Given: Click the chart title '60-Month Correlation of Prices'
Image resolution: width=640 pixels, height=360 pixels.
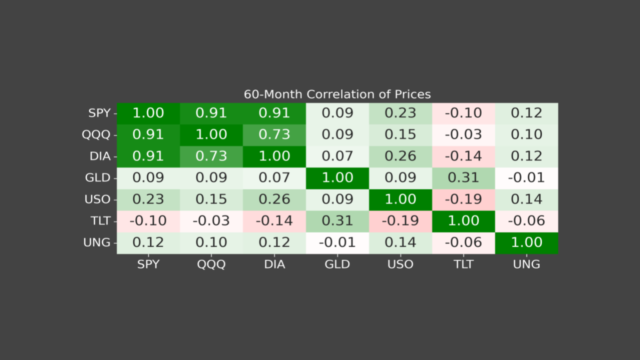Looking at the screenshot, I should (x=337, y=94).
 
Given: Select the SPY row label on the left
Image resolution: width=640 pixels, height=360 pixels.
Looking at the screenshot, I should (x=99, y=113).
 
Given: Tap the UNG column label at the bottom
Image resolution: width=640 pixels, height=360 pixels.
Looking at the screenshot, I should (x=526, y=264).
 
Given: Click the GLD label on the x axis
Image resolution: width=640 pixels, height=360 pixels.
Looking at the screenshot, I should (x=337, y=264).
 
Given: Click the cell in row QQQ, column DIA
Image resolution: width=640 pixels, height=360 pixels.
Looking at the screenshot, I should (x=274, y=134).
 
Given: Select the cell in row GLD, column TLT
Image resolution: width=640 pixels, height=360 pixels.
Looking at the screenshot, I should (x=463, y=177).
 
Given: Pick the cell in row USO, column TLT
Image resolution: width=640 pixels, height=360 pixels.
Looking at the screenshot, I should (x=463, y=199).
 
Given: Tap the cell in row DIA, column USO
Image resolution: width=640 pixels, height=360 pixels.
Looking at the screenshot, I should (x=400, y=156).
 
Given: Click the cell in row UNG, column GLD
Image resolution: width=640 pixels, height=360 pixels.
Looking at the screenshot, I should (x=337, y=242).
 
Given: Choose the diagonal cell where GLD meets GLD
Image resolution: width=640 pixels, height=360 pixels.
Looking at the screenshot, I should (x=337, y=177).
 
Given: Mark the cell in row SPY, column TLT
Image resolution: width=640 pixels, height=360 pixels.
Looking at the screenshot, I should (x=463, y=113).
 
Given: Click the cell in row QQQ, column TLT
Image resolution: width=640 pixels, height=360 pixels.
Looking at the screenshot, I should (x=463, y=134).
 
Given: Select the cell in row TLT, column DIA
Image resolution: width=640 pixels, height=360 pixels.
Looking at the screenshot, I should (x=274, y=221).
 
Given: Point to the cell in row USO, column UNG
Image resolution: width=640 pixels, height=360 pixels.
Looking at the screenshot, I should (x=526, y=199).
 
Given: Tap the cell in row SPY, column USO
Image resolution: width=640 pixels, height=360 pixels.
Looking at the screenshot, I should (x=400, y=113).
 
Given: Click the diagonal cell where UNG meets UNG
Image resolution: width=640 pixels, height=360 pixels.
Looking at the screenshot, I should (x=526, y=242).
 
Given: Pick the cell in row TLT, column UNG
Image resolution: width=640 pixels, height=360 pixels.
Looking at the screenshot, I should (x=526, y=221).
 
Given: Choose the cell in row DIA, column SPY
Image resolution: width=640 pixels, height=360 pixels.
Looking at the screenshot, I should (x=148, y=156).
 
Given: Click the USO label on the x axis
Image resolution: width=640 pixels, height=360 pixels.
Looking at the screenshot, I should (x=400, y=264).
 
